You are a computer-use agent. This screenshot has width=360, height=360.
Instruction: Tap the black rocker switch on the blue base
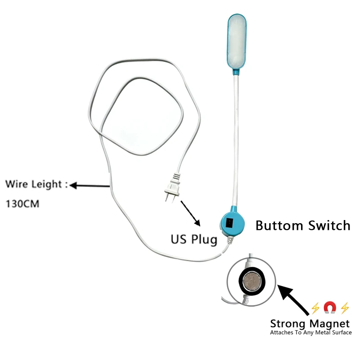tap(229, 222)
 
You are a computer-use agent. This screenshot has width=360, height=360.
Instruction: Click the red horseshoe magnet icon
tap(330, 308)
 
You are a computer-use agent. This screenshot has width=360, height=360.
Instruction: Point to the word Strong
tap(289, 323)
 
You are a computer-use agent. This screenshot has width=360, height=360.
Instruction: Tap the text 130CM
tap(22, 203)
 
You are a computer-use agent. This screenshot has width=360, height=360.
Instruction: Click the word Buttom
tap(279, 225)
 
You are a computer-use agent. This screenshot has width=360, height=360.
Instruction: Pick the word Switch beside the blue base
tap(328, 225)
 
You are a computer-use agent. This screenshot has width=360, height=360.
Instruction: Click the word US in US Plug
tap(179, 238)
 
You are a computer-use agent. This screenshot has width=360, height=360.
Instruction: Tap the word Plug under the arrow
tap(203, 239)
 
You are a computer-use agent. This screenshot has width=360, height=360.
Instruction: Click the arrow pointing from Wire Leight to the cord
tap(90, 184)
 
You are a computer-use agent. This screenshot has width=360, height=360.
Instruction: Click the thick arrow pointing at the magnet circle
tap(295, 299)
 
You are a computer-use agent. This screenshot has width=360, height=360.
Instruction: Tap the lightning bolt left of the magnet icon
tap(315, 308)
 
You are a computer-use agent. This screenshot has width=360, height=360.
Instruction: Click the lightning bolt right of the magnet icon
tap(345, 308)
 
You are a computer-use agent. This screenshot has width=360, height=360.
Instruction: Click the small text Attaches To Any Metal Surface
tap(310, 333)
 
